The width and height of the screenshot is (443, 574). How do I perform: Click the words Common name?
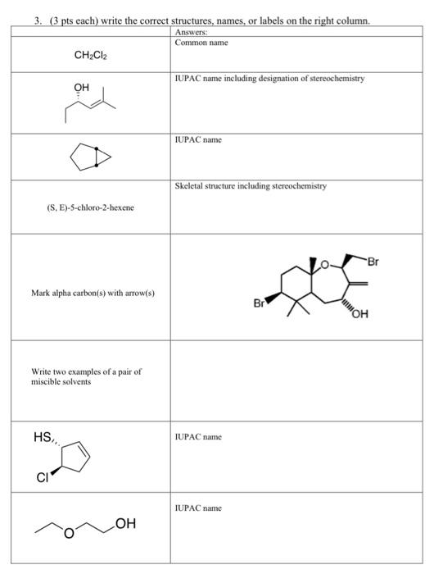201,42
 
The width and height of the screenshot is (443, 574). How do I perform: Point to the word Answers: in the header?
192,32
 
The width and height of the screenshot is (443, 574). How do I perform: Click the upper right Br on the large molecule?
373,262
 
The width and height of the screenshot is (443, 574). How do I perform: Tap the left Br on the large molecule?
259,303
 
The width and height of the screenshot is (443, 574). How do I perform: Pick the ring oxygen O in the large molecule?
324,265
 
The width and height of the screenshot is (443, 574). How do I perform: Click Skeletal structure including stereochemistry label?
251,186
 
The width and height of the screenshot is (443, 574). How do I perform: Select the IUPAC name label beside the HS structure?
197,437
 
